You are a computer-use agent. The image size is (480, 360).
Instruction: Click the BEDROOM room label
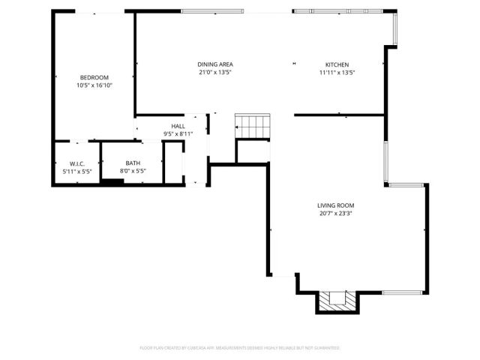pyautogui.click(x=94, y=77)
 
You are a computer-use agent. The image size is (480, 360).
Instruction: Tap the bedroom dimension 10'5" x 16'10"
pyautogui.click(x=94, y=85)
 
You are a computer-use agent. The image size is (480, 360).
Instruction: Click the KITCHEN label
pyautogui.click(x=337, y=64)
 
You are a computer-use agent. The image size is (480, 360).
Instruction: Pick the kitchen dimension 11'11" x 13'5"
pyautogui.click(x=337, y=73)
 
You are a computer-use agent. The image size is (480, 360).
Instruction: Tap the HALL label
pyautogui.click(x=178, y=126)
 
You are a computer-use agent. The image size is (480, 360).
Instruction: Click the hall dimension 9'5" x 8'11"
pyautogui.click(x=178, y=133)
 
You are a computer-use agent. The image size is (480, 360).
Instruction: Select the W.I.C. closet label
pyautogui.click(x=76, y=163)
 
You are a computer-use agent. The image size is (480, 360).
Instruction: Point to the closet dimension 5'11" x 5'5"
pyautogui.click(x=76, y=171)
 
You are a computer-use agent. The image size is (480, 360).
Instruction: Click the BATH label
pyautogui.click(x=133, y=163)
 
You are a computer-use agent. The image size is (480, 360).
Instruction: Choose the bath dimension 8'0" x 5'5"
pyautogui.click(x=133, y=171)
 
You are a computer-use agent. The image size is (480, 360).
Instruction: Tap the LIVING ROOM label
pyautogui.click(x=335, y=205)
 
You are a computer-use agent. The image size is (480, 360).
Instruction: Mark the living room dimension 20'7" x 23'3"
pyautogui.click(x=335, y=213)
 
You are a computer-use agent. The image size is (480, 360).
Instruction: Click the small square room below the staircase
pyautogui.click(x=253, y=151)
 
